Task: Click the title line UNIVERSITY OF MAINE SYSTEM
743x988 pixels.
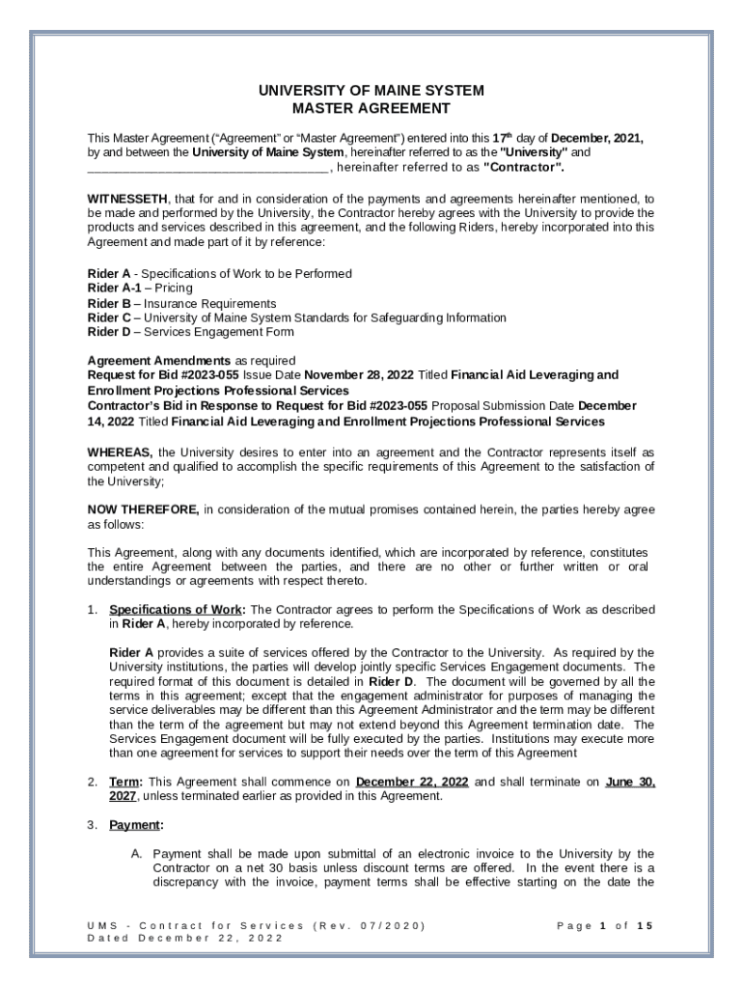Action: [371, 91]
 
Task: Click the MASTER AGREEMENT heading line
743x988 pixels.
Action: [371, 108]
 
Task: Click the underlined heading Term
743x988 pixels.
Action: [125, 782]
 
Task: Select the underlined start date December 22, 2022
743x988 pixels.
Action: [413, 782]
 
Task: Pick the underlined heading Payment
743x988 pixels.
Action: [136, 825]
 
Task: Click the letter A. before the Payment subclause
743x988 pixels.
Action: [137, 854]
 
